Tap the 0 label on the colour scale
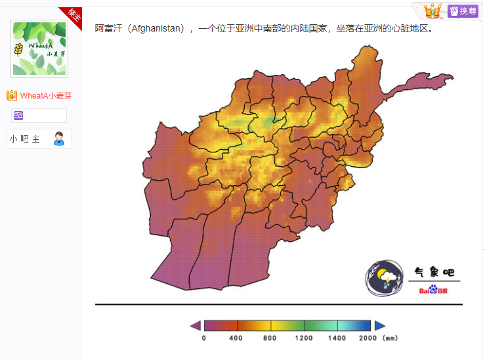(x=203, y=338)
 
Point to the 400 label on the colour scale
(x=236, y=338)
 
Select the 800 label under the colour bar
(x=270, y=338)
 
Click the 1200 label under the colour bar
(x=303, y=338)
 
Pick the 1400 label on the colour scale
(x=337, y=338)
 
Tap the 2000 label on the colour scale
(x=368, y=338)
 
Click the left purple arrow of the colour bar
(x=195, y=325)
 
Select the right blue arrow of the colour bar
(x=380, y=325)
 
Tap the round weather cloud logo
(x=385, y=278)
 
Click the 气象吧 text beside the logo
(x=434, y=272)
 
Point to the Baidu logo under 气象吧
(x=434, y=290)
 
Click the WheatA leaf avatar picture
(x=39, y=49)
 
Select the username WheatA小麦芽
(x=45, y=96)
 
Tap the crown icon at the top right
(x=432, y=11)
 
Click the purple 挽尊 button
(x=463, y=11)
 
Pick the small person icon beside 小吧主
(x=59, y=139)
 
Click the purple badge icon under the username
(x=18, y=116)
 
